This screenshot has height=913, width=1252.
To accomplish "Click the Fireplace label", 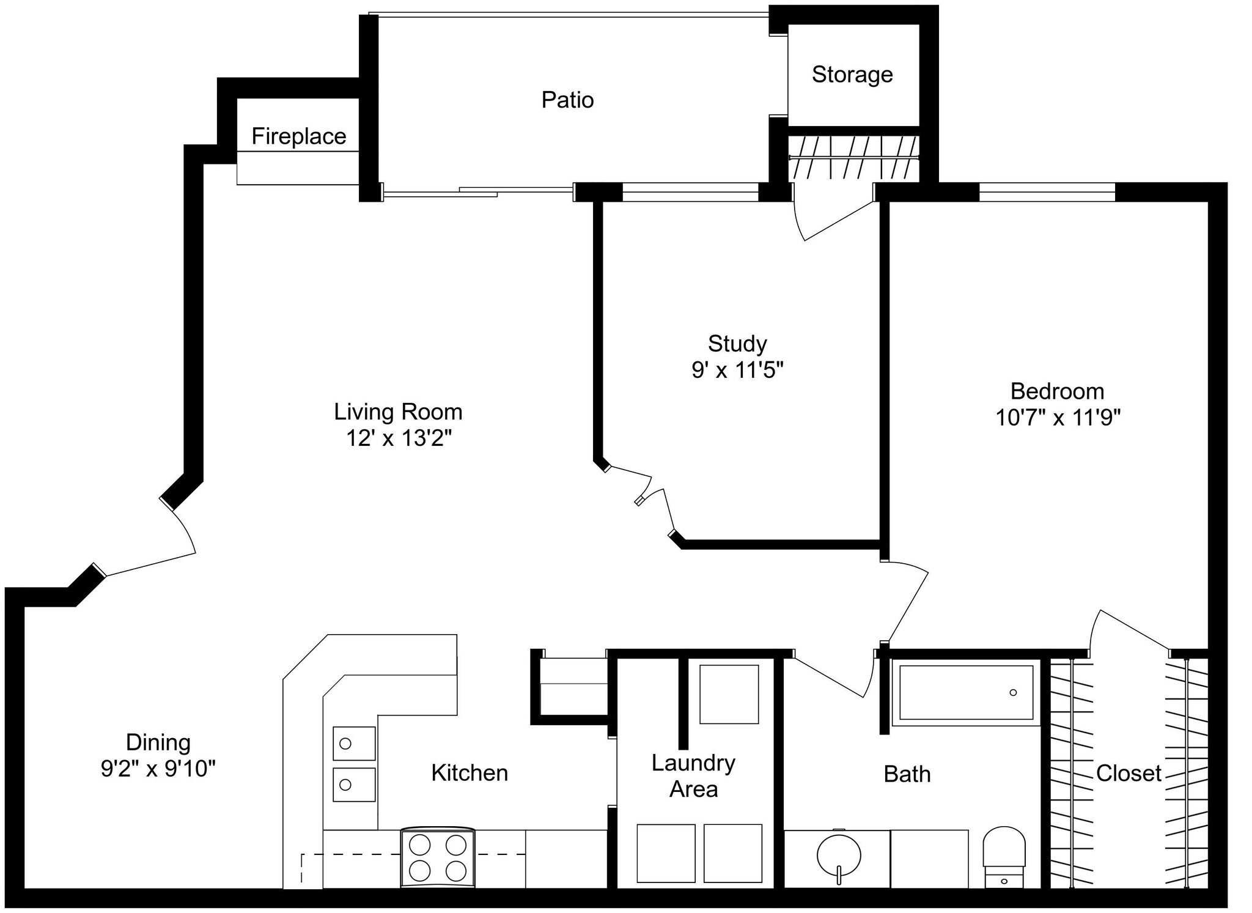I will (x=299, y=136).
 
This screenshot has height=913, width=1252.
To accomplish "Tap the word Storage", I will (x=852, y=75).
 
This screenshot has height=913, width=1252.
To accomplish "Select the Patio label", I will (x=567, y=100).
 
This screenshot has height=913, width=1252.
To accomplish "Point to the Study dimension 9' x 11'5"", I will (x=737, y=370).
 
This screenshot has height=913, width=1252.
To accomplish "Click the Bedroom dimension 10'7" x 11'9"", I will (x=1058, y=418).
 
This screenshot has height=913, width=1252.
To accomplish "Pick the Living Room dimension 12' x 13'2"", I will (x=398, y=438).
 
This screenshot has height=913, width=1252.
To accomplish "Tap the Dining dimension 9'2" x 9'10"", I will (x=158, y=768).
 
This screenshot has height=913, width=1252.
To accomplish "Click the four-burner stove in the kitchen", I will (x=438, y=857).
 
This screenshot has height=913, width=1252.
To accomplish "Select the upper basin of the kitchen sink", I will (x=354, y=743).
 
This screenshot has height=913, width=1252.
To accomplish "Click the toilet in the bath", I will (x=1004, y=856).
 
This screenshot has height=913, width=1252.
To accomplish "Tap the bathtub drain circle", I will (x=1013, y=693).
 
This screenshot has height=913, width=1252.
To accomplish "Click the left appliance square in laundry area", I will (x=666, y=853).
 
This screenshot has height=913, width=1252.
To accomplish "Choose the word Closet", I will (x=1128, y=774).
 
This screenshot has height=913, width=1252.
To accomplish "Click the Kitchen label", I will (x=469, y=773).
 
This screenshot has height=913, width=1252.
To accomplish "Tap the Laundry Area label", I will (x=693, y=776).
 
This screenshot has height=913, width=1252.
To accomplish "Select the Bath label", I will (x=907, y=774).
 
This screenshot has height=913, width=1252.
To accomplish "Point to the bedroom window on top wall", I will (x=1047, y=192).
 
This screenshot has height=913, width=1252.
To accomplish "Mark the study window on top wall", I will (x=690, y=192).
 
